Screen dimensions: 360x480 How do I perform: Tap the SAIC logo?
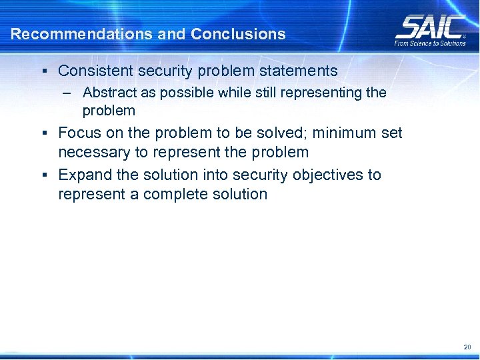pyautogui.click(x=430, y=27)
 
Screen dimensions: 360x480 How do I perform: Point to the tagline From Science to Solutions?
pyautogui.click(x=431, y=43)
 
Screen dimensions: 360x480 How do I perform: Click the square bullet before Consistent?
pyautogui.click(x=43, y=71)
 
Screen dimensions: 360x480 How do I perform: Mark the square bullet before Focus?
pyautogui.click(x=43, y=133)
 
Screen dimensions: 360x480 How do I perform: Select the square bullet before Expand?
pyautogui.click(x=43, y=175)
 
